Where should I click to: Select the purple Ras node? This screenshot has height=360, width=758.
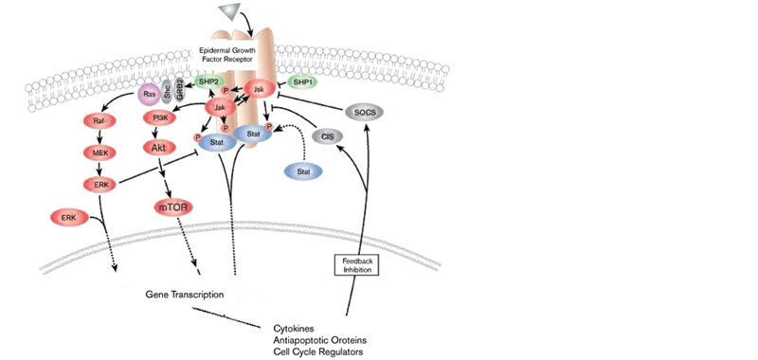click(x=149, y=94)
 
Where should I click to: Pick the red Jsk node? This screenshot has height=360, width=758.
click(x=258, y=89)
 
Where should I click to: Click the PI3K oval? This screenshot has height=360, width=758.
click(x=160, y=118)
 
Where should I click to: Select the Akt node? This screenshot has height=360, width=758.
click(x=160, y=148)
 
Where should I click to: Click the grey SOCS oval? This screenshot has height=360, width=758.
click(x=364, y=112)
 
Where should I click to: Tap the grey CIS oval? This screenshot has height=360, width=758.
click(x=327, y=136)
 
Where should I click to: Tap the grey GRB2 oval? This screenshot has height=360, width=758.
click(x=180, y=89)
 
